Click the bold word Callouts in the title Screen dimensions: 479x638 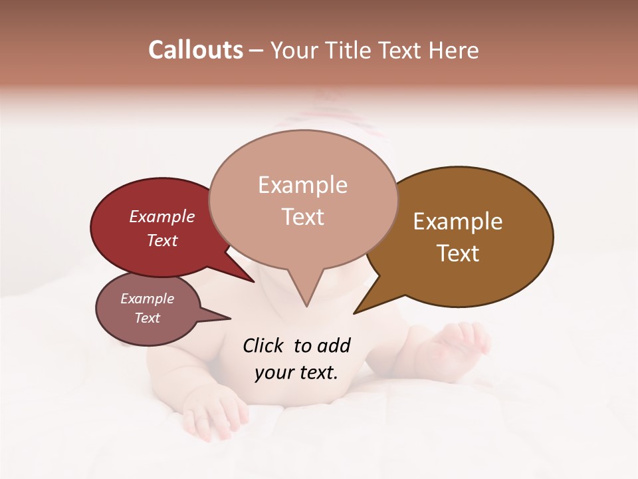coord(195,50)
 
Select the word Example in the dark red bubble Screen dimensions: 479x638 coord(161,216)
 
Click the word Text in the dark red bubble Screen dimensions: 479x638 coord(161,240)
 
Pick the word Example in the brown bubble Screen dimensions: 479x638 coord(458,222)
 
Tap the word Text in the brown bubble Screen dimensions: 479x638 coord(458,253)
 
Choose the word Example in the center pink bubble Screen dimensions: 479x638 coord(302,185)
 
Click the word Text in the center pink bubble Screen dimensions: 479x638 coord(302,216)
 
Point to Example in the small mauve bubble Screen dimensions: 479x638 coord(147,299)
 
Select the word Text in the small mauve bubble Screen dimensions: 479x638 coord(147,317)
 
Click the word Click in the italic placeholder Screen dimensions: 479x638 coord(265,345)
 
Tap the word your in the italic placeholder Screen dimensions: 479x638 coord(273,373)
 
